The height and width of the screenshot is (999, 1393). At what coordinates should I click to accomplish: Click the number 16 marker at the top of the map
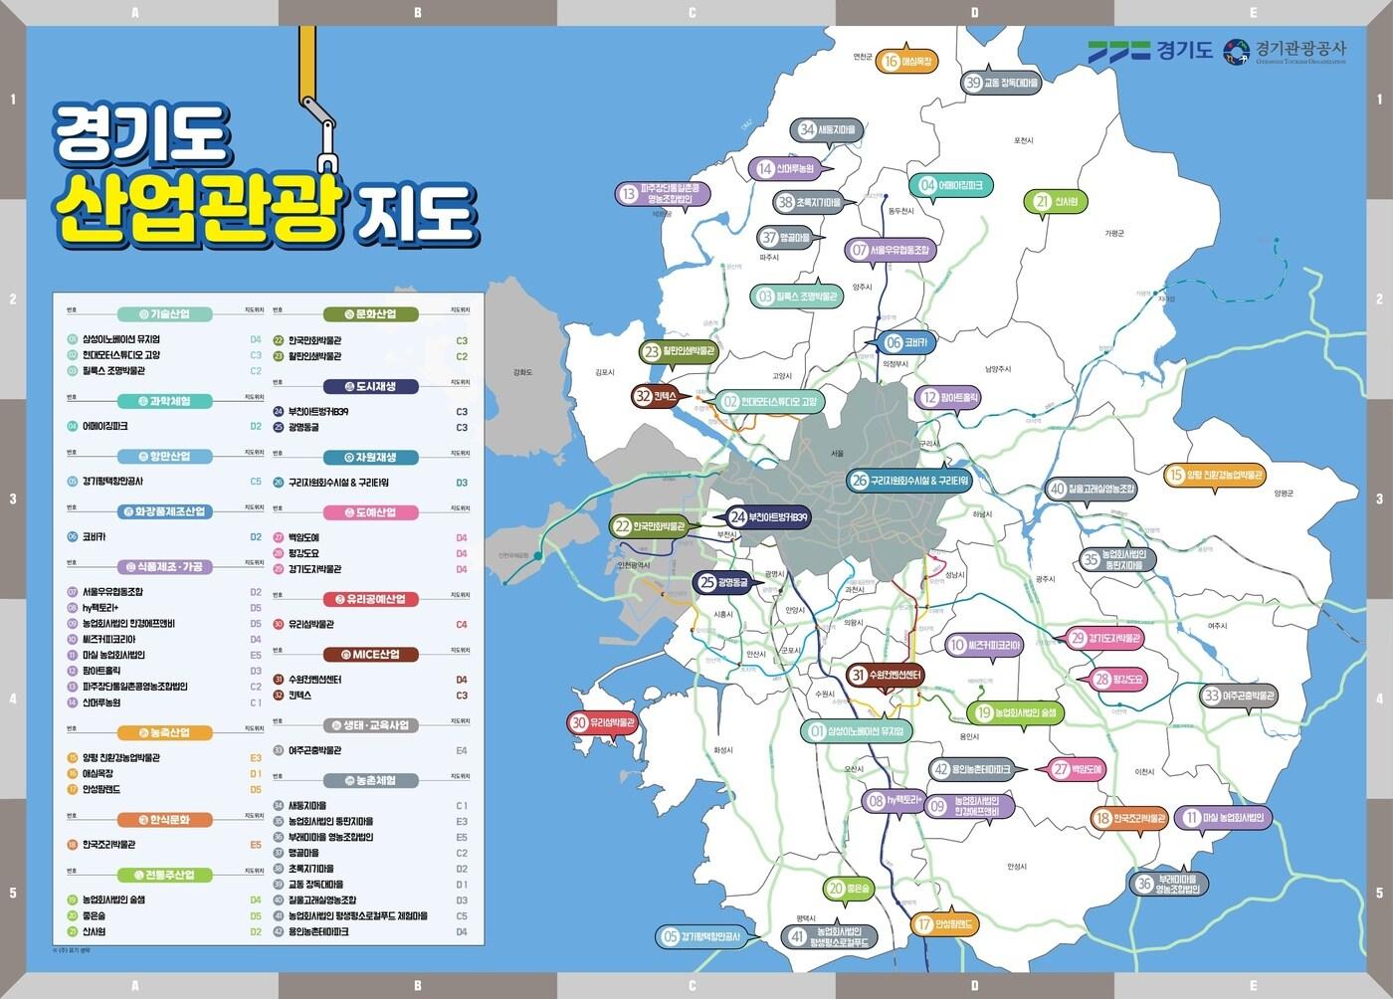tap(906, 62)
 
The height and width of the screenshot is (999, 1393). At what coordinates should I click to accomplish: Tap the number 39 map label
tap(1001, 84)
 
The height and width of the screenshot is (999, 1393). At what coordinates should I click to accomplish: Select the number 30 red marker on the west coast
tap(602, 723)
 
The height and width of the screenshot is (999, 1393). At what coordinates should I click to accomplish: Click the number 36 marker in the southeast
tap(1170, 884)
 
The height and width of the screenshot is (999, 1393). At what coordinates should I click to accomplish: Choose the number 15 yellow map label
tap(1215, 476)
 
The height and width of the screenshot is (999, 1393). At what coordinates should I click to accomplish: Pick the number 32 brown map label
tap(658, 396)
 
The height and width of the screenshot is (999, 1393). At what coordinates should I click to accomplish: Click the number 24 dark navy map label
tap(770, 517)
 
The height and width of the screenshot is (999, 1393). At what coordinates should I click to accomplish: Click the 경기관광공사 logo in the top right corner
tap(1285, 51)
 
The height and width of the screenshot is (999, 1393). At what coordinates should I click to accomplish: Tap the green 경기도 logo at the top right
tap(1150, 50)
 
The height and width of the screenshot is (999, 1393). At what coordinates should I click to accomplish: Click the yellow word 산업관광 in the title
tap(199, 208)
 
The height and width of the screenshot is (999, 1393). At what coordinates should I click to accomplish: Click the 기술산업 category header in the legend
tap(166, 314)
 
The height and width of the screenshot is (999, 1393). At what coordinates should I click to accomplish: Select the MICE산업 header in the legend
tap(369, 655)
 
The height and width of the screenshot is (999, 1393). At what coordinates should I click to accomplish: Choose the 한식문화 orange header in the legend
tap(166, 820)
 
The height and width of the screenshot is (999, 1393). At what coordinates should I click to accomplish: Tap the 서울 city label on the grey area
tap(837, 454)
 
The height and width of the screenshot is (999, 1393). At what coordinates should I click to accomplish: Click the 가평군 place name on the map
tap(1113, 233)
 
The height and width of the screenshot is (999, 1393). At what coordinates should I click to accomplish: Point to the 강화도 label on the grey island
tap(522, 372)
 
